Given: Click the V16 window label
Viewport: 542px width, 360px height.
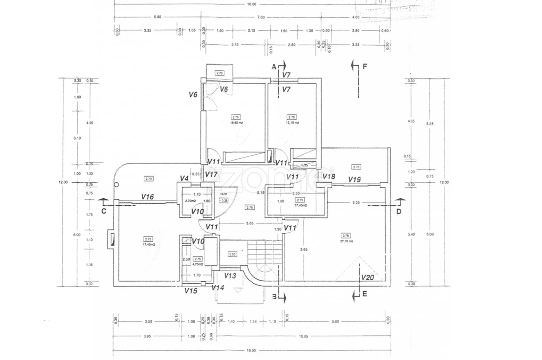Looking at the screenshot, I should [148, 197].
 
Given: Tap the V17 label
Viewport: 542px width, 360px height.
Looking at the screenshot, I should [211, 175].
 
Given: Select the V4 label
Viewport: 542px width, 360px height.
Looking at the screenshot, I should [184, 178].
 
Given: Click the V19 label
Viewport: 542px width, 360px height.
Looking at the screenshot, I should [355, 179].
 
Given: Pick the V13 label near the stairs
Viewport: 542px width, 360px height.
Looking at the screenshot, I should [230, 276].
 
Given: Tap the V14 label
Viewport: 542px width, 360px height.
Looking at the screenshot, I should [218, 288].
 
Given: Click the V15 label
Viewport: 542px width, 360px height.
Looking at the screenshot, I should [191, 291].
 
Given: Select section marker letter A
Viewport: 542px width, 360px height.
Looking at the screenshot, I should [274, 66].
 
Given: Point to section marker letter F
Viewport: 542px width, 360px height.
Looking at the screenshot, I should [365, 66].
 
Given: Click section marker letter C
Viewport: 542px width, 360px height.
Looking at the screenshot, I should [104, 211].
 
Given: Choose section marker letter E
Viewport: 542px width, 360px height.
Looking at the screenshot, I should [365, 294].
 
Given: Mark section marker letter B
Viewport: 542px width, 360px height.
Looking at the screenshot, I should [274, 296].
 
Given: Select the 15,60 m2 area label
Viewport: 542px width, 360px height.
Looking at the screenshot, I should [236, 122].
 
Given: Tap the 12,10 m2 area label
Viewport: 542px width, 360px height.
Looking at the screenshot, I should [292, 122].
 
